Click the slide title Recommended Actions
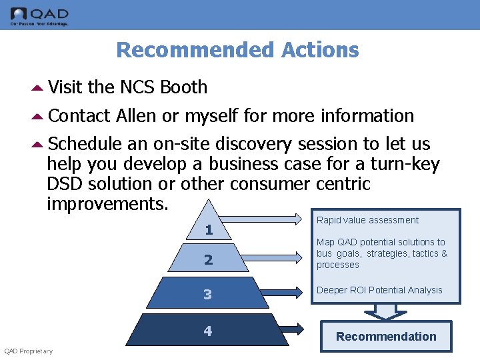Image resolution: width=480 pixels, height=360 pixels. click(237, 50)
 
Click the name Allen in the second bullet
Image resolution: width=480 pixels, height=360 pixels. click(136, 116)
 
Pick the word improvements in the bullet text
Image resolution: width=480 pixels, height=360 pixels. click(107, 203)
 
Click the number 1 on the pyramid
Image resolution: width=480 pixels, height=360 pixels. click(209, 230)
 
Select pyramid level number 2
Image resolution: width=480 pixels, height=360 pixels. click(208, 259)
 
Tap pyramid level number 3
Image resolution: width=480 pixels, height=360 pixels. click(208, 294)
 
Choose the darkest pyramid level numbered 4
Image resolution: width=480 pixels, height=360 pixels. click(208, 331)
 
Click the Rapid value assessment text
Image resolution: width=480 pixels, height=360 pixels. click(367, 221)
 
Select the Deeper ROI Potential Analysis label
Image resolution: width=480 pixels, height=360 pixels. click(379, 290)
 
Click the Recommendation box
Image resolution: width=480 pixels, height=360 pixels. click(386, 337)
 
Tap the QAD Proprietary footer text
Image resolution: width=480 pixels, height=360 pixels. click(29, 351)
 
